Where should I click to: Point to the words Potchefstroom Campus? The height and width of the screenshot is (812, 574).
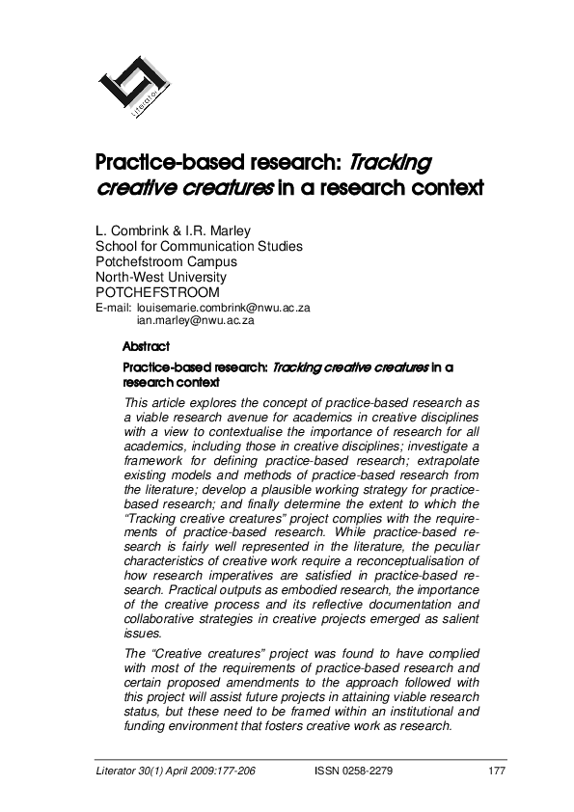pyautogui.click(x=165, y=261)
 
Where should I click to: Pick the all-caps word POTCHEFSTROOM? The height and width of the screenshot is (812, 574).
pyautogui.click(x=157, y=292)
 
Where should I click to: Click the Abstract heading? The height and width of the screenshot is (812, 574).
pyautogui.click(x=147, y=345)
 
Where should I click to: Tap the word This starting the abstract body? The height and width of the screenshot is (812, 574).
pyautogui.click(x=139, y=400)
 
